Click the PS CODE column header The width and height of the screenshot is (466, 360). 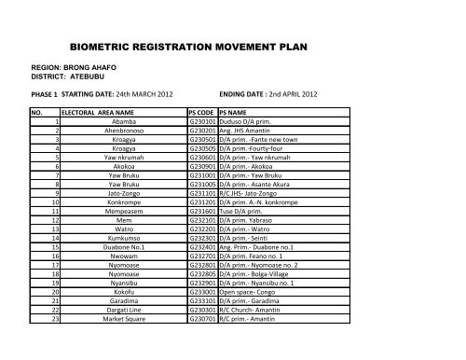click(201, 111)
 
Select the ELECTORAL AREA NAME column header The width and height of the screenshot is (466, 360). click(90, 111)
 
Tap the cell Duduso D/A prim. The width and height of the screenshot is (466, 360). click(245, 121)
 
